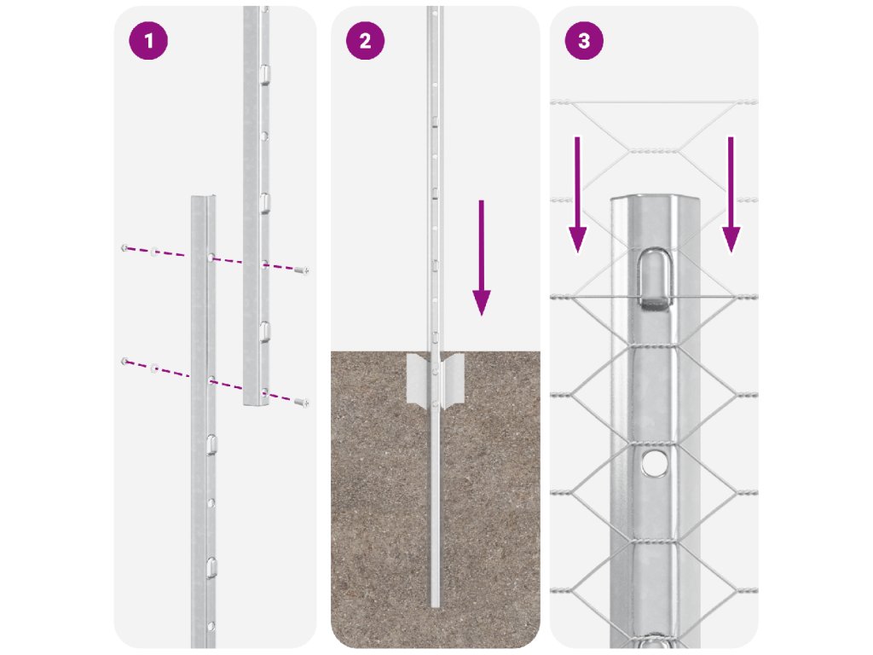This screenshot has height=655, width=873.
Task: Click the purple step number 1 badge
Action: pyautogui.click(x=148, y=41)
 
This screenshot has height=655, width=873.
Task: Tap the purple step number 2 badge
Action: pyautogui.click(x=365, y=41)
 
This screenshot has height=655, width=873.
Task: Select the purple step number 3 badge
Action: pyautogui.click(x=584, y=41)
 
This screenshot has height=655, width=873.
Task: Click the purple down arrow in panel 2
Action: pyautogui.click(x=482, y=258)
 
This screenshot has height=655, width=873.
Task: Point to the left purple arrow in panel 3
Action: pyautogui.click(x=577, y=195)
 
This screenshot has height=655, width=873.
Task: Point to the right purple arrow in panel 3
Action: pyautogui.click(x=731, y=195)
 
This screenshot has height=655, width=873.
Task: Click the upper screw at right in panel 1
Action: pyautogui.click(x=302, y=270)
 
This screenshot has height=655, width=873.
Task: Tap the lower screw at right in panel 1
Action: pyautogui.click(x=302, y=403)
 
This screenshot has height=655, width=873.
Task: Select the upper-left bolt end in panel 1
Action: pyautogui.click(x=124, y=248)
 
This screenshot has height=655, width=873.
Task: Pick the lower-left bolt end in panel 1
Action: pyautogui.click(x=124, y=362)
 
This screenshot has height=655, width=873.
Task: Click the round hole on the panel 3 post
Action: pyautogui.click(x=654, y=462)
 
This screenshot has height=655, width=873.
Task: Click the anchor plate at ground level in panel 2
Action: pyautogui.click(x=436, y=379)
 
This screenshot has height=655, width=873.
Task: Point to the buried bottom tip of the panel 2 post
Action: pyautogui.click(x=436, y=605)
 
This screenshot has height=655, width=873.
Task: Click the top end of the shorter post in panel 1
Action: pyautogui.click(x=203, y=198)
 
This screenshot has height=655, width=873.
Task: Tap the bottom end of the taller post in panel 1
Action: pyautogui.click(x=256, y=403)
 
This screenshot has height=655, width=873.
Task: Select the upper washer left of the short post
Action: pyautogui.click(x=155, y=252)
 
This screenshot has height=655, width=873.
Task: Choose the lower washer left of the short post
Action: pyautogui.click(x=155, y=368)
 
